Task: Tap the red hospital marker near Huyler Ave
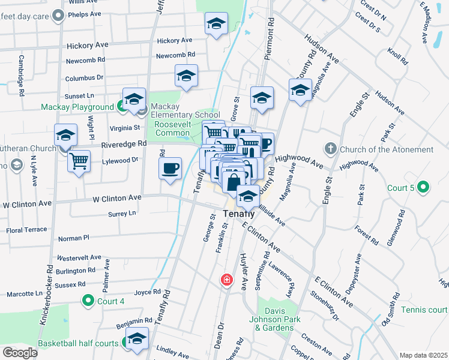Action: pos(227,280)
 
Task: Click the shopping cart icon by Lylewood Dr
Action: pos(79,161)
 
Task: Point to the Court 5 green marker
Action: pos(424,188)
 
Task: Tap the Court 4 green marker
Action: pos(88,301)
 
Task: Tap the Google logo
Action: pos(20,352)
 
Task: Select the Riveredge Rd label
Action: pos(124,144)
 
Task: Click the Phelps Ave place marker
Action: pos(58,16)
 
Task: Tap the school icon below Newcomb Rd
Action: pos(186,76)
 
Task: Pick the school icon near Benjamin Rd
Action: pos(137,339)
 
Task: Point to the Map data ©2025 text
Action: pos(423,355)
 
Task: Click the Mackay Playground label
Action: pos(77,107)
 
